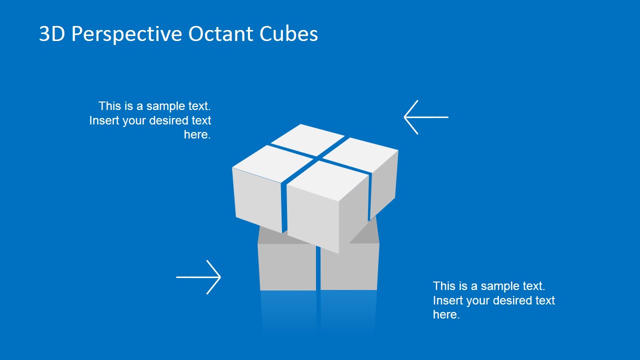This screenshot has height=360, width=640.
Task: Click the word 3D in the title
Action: point(52,34)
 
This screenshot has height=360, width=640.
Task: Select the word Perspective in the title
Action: point(127,34)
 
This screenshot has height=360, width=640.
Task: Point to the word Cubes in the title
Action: point(288,34)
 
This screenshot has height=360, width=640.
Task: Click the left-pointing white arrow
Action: point(425,117)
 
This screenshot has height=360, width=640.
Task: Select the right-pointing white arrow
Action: point(198,277)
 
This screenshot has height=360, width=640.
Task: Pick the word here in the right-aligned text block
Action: point(197,134)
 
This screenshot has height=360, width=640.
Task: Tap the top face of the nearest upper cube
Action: point(327,180)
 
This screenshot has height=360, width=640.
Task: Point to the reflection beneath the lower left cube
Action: point(288,310)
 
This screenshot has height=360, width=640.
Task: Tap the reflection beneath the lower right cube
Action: point(348,310)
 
